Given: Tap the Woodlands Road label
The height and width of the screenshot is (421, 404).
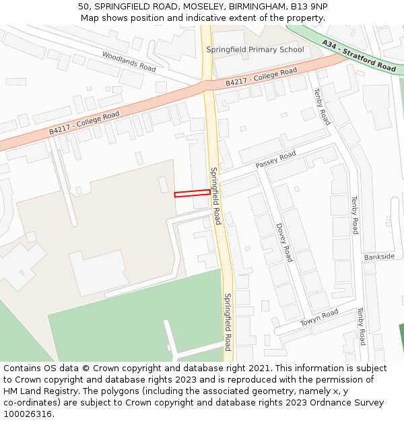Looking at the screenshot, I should (x=129, y=61).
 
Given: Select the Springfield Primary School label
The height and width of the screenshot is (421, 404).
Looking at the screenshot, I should (x=255, y=50).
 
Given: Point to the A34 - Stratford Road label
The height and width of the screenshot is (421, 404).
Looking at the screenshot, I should (x=359, y=55).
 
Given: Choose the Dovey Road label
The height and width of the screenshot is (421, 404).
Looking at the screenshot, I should (x=284, y=242).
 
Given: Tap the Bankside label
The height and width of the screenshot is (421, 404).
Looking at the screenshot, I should (x=379, y=257).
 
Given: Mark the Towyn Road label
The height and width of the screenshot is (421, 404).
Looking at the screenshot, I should (x=319, y=318).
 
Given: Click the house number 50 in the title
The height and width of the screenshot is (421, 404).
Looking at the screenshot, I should (x=83, y=7).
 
